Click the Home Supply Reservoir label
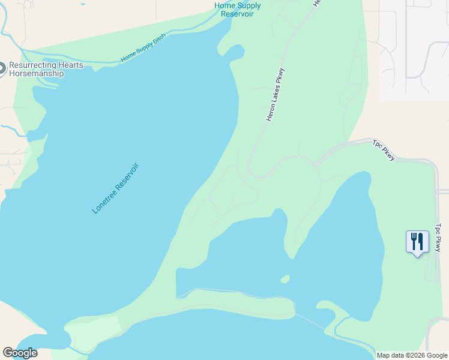tap(238, 10)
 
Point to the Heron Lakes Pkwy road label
tap(275, 95)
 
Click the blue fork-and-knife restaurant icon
tap(417, 242)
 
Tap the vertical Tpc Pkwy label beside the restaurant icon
tap(438, 238)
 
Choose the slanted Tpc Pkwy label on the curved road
tap(384, 150)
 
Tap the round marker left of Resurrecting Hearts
tap(2, 69)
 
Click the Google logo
tap(20, 353)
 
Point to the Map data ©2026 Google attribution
tap(412, 355)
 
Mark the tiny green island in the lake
tap(285, 279)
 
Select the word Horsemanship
tap(36, 73)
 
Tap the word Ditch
tap(158, 40)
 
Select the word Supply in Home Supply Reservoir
tap(249, 6)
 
